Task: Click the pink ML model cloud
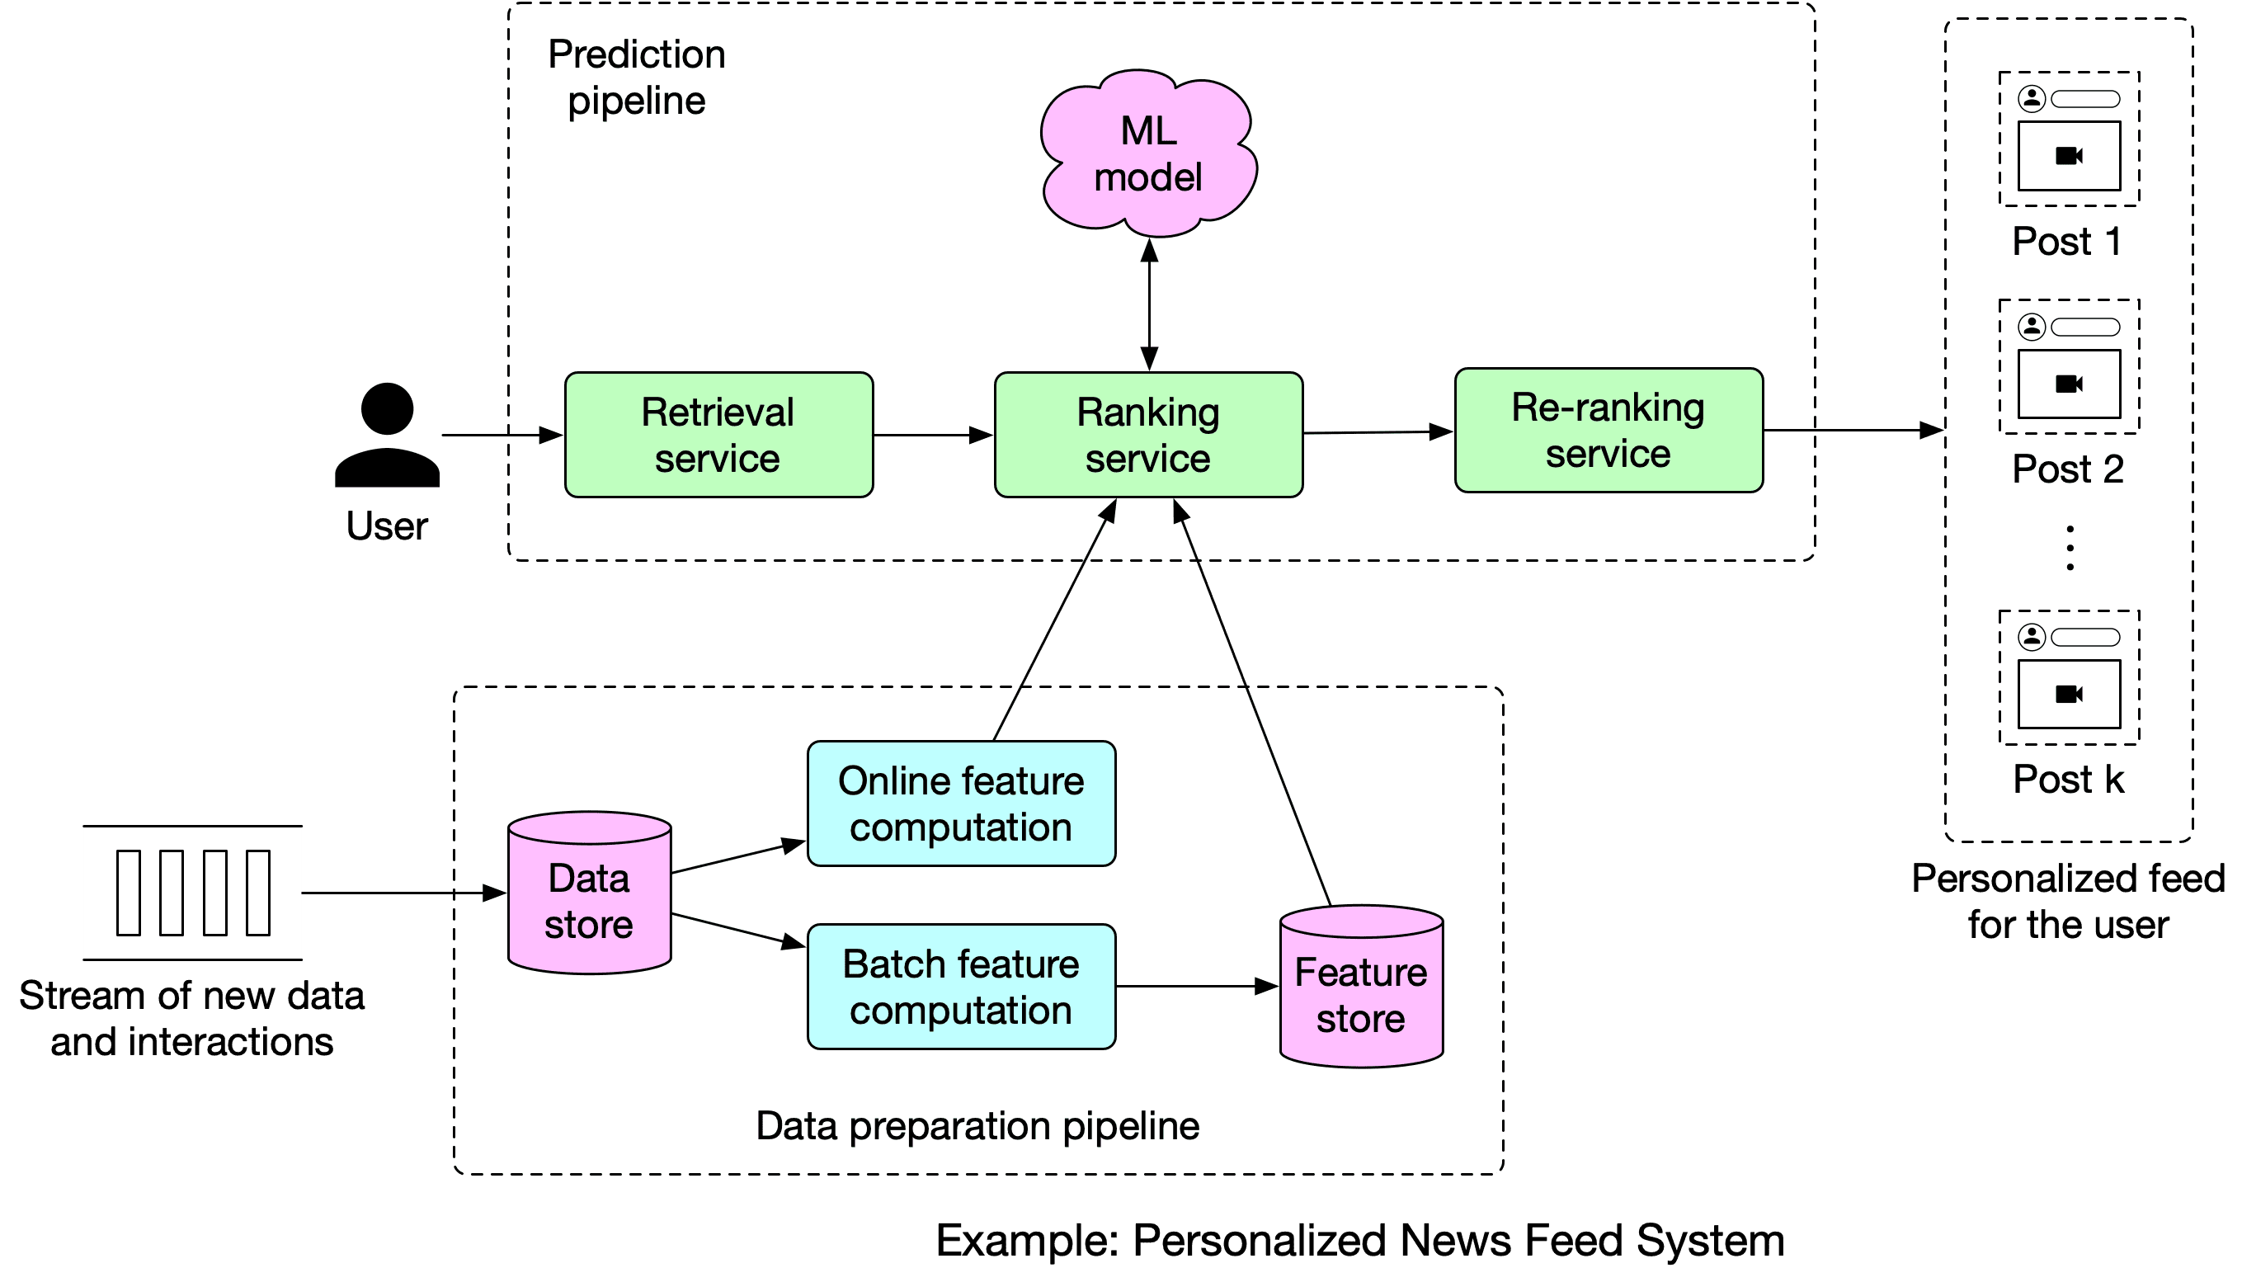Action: (1148, 153)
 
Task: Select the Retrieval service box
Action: (719, 435)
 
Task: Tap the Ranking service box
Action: (1149, 435)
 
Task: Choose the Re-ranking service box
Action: (1609, 431)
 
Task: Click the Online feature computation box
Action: (961, 804)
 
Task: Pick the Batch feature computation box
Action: (961, 987)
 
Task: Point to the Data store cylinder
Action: (590, 893)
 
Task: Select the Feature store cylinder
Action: (1362, 987)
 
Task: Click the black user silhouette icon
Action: (388, 435)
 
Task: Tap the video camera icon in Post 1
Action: (2069, 156)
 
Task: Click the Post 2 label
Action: (2069, 469)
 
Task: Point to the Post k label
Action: (2069, 780)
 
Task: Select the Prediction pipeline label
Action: (637, 78)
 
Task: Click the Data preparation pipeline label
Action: (977, 1126)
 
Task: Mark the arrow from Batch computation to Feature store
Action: (1197, 987)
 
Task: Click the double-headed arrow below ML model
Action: (1150, 304)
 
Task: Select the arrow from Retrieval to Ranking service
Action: (934, 435)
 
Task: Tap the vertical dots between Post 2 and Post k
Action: (2070, 548)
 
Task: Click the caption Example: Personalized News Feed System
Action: (1360, 1241)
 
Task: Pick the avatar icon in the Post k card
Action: (2032, 636)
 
